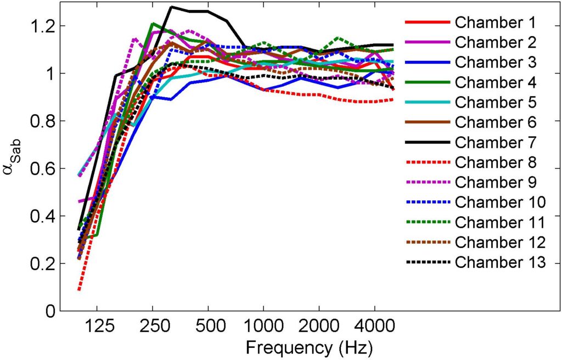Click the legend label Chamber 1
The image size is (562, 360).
(495, 22)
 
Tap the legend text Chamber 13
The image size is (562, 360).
(500, 263)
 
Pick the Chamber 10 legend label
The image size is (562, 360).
(500, 203)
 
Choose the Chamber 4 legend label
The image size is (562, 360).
(495, 82)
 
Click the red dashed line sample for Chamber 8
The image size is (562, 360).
(427, 162)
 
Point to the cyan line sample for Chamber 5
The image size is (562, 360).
(427, 103)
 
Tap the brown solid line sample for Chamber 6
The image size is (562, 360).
(427, 122)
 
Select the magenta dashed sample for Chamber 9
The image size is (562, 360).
(427, 183)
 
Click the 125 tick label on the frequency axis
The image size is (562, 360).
(97, 325)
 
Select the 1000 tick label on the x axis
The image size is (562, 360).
(263, 325)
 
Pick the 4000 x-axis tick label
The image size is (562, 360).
(374, 325)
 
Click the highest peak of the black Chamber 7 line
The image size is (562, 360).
(172, 7)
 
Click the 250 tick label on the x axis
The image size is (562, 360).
(152, 325)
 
